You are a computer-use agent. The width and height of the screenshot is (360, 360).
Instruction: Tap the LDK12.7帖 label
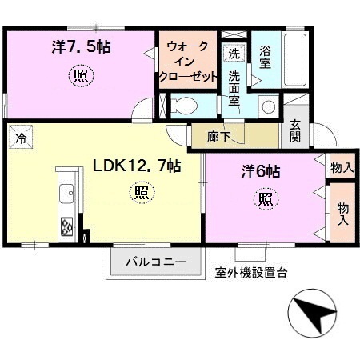tap(136, 166)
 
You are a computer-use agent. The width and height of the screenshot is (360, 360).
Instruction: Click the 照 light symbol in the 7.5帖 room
tap(82, 77)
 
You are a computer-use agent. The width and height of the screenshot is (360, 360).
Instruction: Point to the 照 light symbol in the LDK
tap(140, 193)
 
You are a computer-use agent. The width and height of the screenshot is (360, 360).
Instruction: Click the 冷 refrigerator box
tap(20, 137)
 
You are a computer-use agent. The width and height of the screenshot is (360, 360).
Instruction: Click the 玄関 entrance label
tap(295, 130)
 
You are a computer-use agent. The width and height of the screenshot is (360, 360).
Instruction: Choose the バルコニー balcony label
tap(157, 262)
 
